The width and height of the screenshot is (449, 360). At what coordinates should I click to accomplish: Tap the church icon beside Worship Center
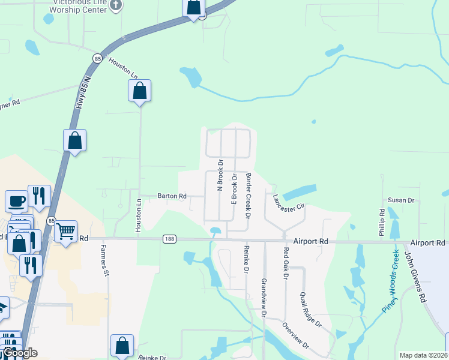[x=116, y=5]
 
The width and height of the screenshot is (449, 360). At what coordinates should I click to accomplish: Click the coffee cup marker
[x=16, y=200]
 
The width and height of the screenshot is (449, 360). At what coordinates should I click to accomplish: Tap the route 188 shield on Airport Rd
[x=168, y=239]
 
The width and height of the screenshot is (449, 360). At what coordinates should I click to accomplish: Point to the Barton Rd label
[x=172, y=196]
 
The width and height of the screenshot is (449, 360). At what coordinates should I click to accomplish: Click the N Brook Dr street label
[x=220, y=175]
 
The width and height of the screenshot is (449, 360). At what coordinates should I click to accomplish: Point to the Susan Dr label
[x=400, y=200]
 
